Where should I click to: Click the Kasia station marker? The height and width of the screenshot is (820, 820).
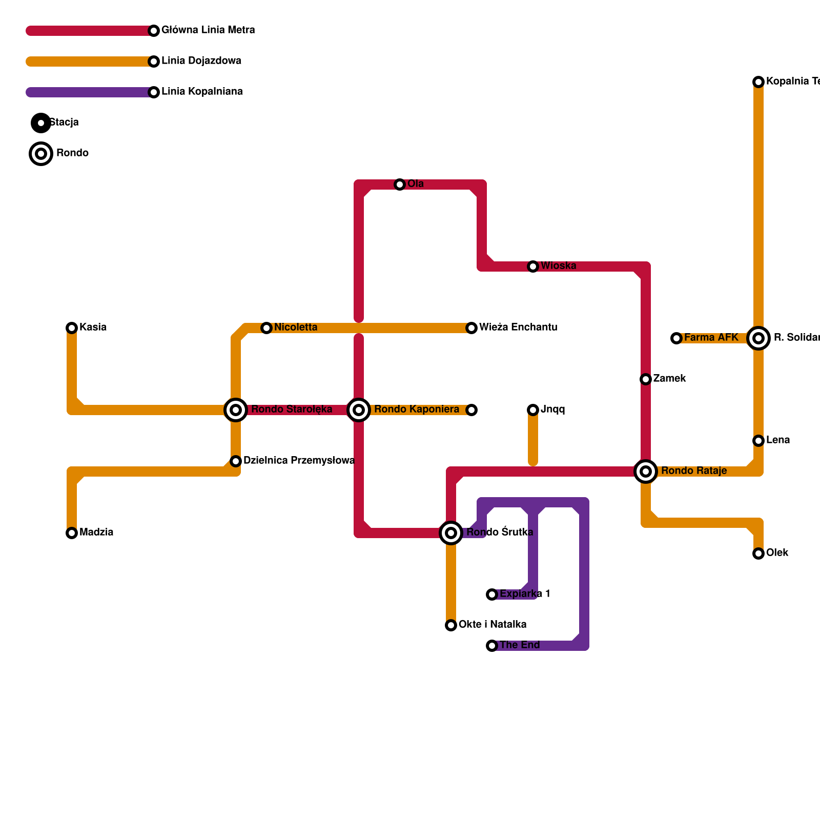click(72, 328)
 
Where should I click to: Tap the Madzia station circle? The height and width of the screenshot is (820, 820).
click(72, 533)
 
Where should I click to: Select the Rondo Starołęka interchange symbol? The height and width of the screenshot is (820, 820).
click(236, 410)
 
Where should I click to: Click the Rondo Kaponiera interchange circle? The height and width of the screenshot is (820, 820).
click(359, 410)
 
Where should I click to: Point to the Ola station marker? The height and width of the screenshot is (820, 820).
click(400, 184)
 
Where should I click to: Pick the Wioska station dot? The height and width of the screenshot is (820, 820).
click(533, 266)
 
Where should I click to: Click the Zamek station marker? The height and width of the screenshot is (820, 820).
click(646, 379)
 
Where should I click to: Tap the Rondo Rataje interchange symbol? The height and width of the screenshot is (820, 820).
click(646, 471)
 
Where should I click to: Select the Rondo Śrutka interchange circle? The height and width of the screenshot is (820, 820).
click(451, 533)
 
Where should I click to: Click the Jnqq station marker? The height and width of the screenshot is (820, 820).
click(533, 410)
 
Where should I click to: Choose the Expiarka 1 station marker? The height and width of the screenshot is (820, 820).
click(492, 594)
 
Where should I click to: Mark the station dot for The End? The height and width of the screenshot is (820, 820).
click(492, 646)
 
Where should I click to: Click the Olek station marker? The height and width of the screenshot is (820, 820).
click(758, 553)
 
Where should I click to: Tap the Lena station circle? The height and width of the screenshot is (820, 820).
click(758, 441)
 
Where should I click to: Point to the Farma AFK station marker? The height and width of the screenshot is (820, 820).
click(676, 338)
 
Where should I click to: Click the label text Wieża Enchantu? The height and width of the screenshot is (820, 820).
click(518, 327)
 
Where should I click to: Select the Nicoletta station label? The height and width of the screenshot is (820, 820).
click(296, 327)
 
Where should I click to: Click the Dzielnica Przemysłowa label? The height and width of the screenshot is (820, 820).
click(299, 461)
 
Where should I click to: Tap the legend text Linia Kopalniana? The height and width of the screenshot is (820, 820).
click(202, 92)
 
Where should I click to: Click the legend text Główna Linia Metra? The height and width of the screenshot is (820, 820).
click(208, 30)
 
